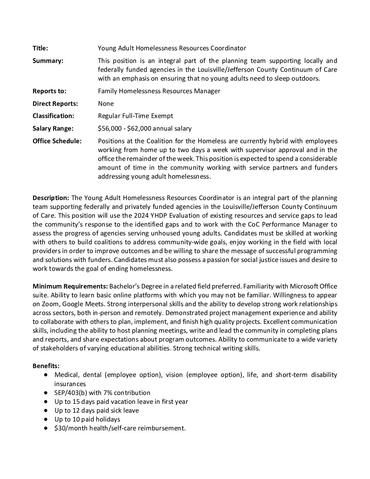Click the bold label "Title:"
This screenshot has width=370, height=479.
pyautogui.click(x=40, y=48)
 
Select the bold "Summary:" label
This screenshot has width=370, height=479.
pyautogui.click(x=48, y=61)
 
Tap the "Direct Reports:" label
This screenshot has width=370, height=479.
pyautogui.click(x=55, y=103)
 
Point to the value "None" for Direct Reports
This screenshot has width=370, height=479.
pyautogui.click(x=106, y=103)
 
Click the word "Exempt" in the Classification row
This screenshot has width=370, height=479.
pyautogui.click(x=163, y=116)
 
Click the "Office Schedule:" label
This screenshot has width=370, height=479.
pyautogui.click(x=57, y=141)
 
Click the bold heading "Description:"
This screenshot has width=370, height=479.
pyautogui.click(x=51, y=198)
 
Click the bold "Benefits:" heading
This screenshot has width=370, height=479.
pyautogui.click(x=46, y=366)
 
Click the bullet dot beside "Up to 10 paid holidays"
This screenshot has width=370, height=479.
pyautogui.click(x=46, y=419)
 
